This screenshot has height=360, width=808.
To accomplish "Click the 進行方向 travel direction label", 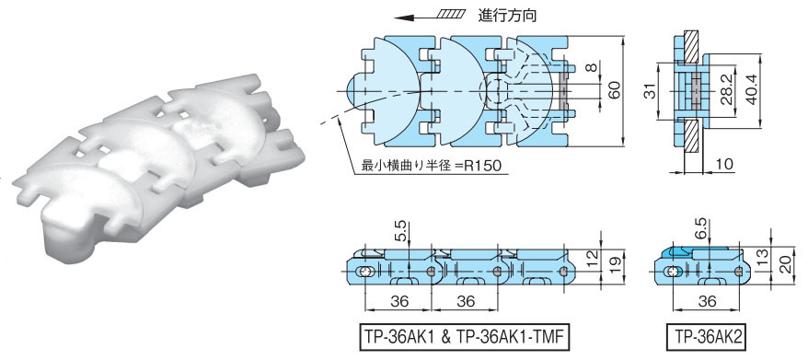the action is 508,16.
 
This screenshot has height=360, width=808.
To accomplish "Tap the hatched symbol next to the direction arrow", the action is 451,14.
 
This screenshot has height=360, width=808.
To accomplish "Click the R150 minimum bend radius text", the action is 480,165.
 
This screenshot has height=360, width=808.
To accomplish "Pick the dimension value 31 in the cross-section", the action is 651,92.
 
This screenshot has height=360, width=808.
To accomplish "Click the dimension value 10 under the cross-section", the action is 724,165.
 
